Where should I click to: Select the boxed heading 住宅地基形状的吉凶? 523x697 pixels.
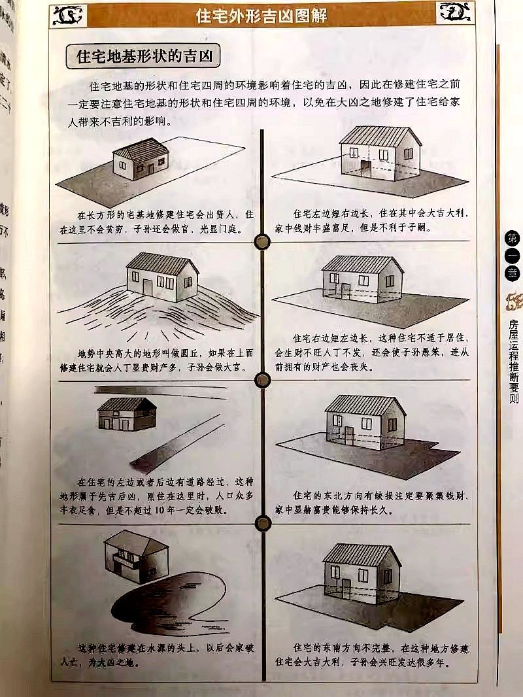coord(143,56)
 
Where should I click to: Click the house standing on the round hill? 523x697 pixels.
coord(163,277)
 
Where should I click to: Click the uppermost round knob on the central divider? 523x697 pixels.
coord(262,241)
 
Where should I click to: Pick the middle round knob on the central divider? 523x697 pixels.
coord(262,380)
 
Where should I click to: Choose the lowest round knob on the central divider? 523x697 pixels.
coord(263,522)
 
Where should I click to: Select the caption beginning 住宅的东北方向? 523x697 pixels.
coord(380,501)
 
